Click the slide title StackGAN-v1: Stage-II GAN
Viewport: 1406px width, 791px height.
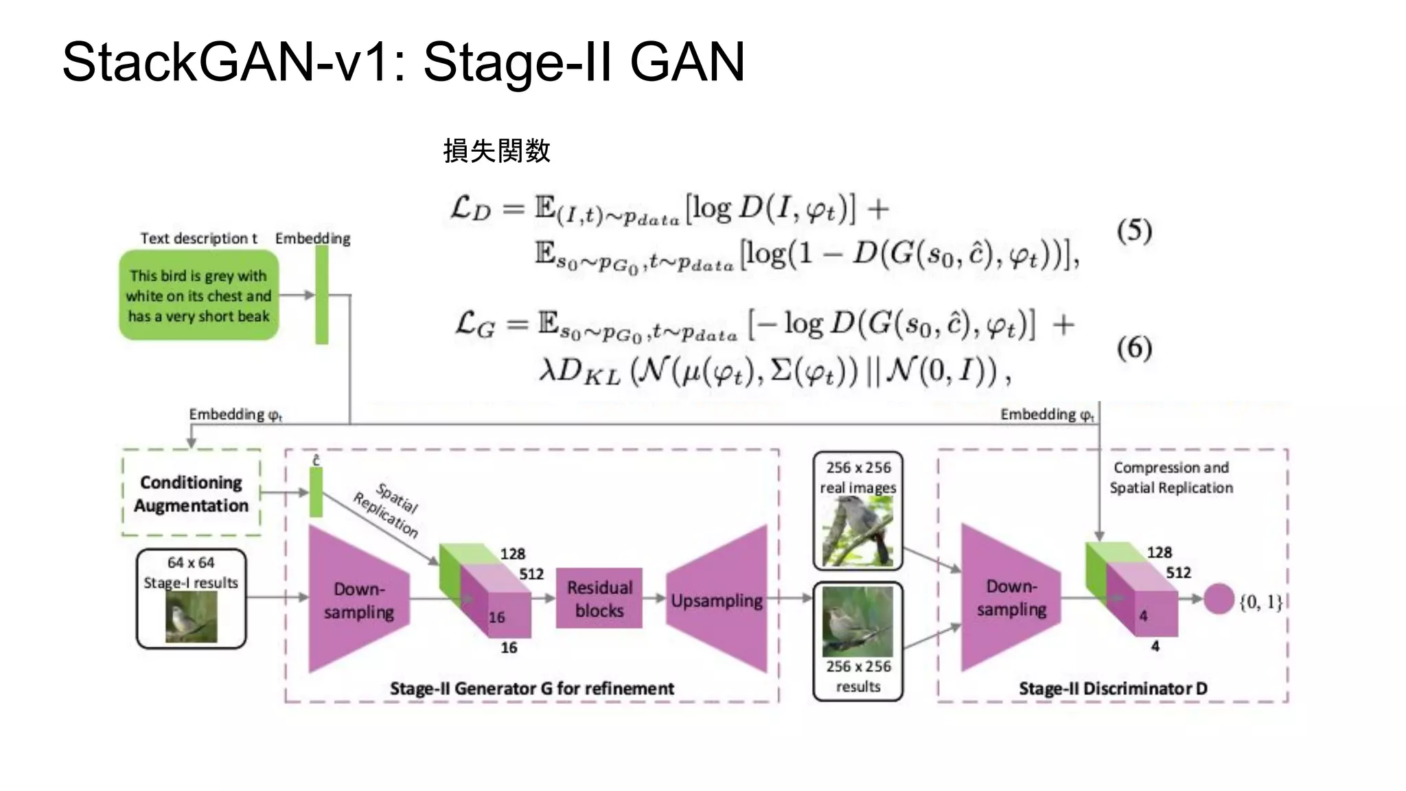403,62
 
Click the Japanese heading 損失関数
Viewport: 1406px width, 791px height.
496,150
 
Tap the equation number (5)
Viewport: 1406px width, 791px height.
1133,231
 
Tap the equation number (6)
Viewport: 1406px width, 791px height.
1133,347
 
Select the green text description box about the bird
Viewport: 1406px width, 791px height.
198,295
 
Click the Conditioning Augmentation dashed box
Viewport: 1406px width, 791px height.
191,493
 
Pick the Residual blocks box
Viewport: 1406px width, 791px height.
599,598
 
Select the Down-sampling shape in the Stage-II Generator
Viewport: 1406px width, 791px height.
358,599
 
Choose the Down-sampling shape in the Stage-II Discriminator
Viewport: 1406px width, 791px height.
1011,597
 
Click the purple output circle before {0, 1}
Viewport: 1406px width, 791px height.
1219,599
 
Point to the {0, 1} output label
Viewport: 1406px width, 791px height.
1260,602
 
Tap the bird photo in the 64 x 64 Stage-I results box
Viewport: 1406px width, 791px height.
191,617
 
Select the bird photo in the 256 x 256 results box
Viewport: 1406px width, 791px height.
857,621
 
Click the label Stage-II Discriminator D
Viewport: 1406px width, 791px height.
1112,688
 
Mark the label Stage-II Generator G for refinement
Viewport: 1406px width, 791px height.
531,688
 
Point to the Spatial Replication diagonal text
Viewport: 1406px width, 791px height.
387,509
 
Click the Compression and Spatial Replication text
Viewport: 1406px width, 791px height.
1171,477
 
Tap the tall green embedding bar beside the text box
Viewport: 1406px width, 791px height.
321,295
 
